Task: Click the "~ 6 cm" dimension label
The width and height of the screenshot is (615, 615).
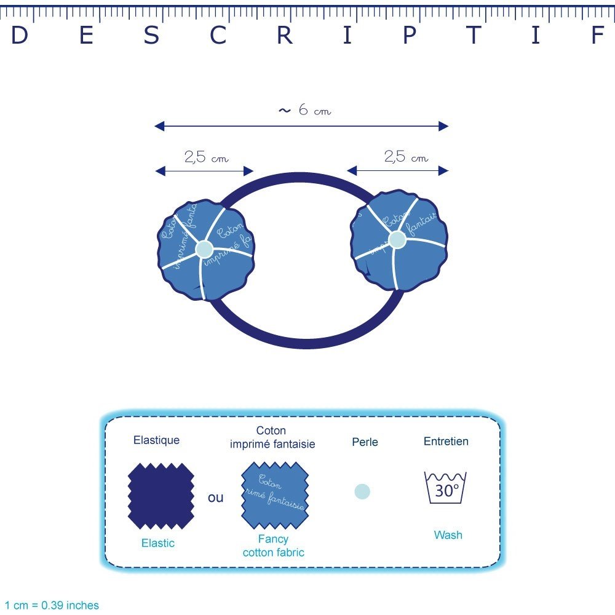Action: pos(304,111)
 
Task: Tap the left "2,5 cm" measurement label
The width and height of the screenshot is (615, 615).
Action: pos(206,157)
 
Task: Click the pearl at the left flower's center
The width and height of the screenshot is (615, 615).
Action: pos(204,249)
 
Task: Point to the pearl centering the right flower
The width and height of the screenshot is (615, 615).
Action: pos(397,239)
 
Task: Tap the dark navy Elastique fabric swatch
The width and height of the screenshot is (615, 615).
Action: pos(161,497)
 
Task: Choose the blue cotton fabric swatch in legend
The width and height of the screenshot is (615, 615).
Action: pos(274,496)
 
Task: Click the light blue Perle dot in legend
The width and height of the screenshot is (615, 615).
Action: pos(362,491)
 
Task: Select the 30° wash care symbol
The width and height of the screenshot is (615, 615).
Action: pos(446,488)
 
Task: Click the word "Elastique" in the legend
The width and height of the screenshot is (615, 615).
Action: pos(156,440)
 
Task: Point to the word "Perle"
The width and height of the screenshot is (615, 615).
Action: pos(365,442)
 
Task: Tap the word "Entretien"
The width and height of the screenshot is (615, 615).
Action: pos(446,442)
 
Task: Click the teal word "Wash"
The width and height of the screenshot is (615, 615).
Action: pos(448,535)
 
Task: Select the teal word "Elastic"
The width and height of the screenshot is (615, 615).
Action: pos(158,543)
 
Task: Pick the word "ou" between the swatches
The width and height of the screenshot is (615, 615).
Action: pos(216,498)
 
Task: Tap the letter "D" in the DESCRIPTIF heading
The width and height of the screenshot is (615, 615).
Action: pos(20,36)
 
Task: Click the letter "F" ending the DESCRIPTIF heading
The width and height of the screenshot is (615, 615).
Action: pos(597,36)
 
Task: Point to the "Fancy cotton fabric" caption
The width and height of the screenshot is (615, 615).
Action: pos(273,546)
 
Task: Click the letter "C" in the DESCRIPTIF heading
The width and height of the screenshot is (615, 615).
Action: pos(218,36)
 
